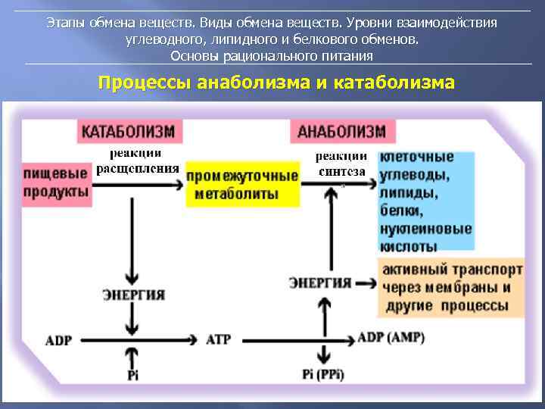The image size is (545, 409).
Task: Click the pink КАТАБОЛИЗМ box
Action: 128,131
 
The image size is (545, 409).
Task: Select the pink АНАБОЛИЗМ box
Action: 341,131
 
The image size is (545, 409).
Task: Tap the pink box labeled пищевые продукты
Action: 57,183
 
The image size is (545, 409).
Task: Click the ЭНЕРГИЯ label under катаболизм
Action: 134,295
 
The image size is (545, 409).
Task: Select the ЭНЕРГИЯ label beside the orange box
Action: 320,283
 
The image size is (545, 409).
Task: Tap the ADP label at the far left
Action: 58,340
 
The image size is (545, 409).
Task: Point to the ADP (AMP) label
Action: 391,337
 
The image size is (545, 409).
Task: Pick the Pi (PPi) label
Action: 323,373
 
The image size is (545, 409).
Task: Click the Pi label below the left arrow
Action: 134,375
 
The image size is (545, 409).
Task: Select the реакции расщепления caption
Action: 138,161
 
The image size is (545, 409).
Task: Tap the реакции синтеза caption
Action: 341,164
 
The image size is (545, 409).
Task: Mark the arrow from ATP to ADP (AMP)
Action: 295,339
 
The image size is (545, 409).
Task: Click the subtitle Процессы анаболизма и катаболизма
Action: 276,83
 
